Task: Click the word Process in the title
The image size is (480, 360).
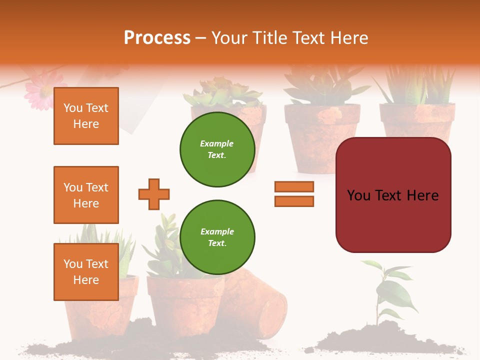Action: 157,38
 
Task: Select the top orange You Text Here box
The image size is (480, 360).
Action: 86,116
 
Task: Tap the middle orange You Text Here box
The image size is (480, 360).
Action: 86,195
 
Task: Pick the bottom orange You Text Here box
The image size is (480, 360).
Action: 86,272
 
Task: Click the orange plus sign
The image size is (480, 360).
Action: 154,194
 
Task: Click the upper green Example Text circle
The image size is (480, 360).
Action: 217,149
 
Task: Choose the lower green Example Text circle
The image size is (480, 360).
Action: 217,237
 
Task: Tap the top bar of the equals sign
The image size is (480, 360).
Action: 294,186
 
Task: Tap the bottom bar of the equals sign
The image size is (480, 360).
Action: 294,201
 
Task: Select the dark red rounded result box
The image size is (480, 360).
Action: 393,195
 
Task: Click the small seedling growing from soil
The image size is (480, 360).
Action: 387,290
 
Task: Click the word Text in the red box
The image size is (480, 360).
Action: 392,195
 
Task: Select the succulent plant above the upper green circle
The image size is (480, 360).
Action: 222,92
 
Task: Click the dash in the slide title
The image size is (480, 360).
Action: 201,38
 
